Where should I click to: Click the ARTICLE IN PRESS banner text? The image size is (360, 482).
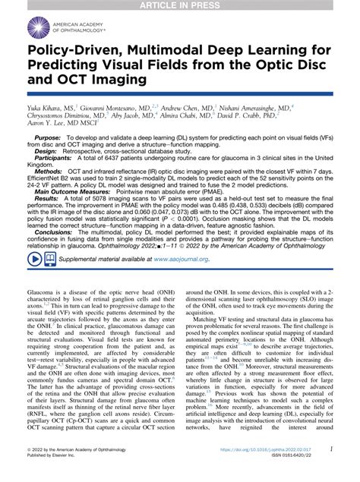(180, 5)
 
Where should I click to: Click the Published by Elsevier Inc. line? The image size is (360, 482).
(58, 476)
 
